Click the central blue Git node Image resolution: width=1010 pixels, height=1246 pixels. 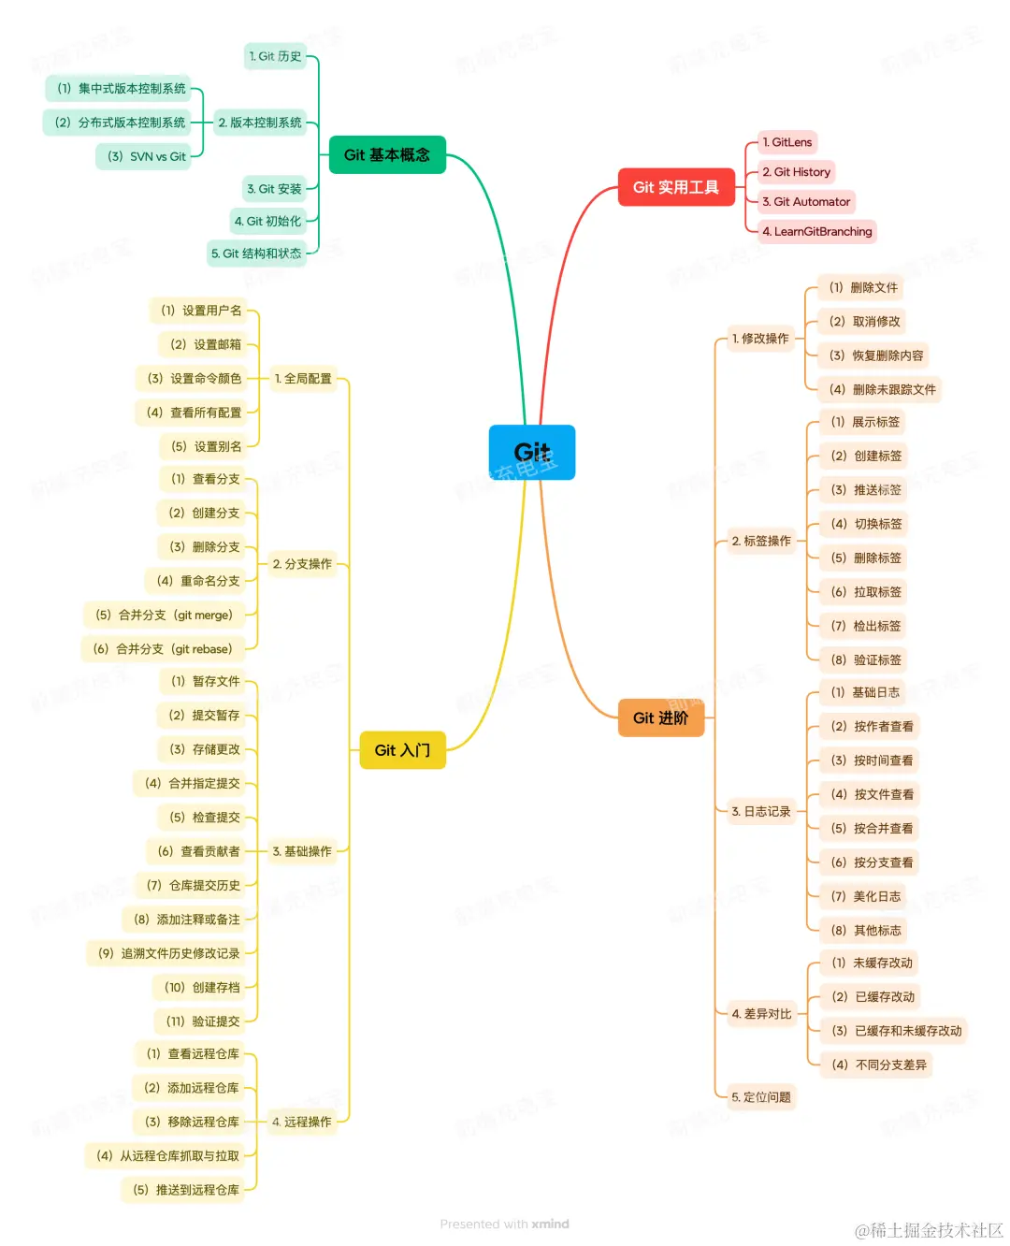pos(531,453)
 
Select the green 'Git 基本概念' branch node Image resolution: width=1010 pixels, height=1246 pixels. pos(387,155)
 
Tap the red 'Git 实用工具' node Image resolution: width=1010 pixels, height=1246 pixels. pos(676,188)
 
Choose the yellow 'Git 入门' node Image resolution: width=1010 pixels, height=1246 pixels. pos(402,750)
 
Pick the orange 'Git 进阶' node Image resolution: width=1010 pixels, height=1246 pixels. pos(660,718)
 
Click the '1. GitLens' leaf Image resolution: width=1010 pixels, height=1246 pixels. pos(787,142)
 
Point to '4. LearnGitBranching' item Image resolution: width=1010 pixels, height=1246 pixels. pos(817,232)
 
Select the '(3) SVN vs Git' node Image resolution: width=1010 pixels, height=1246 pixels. pos(147,156)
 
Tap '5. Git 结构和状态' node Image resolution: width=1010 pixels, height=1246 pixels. pos(256,254)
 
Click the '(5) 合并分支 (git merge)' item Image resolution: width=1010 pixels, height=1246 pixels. pos(164,616)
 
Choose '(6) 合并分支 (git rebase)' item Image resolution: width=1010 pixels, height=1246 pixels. pos(163,649)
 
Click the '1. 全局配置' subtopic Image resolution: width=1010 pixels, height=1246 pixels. pos(303,379)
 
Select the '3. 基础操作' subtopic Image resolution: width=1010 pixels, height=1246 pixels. pos(302,851)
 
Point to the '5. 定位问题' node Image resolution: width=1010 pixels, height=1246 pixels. pos(761,1097)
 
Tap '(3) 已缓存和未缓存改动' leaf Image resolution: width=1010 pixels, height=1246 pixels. pos(897,1031)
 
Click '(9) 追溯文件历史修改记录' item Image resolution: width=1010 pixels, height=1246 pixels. pos(169,954)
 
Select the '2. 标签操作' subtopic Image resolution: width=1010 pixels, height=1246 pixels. pos(761,542)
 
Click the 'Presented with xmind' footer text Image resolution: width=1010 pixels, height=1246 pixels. pos(504,1224)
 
